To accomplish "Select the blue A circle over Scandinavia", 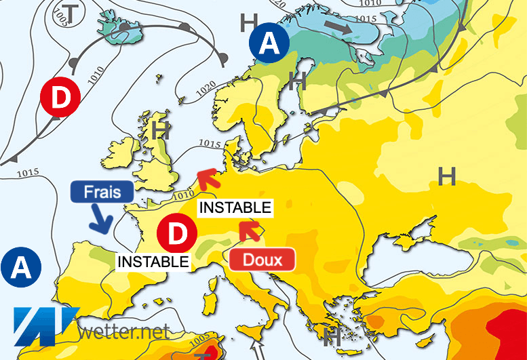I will click(x=269, y=45).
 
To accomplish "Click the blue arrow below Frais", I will click(x=101, y=221).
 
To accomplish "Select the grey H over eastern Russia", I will click(x=446, y=177).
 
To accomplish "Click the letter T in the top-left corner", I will click(x=67, y=12).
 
